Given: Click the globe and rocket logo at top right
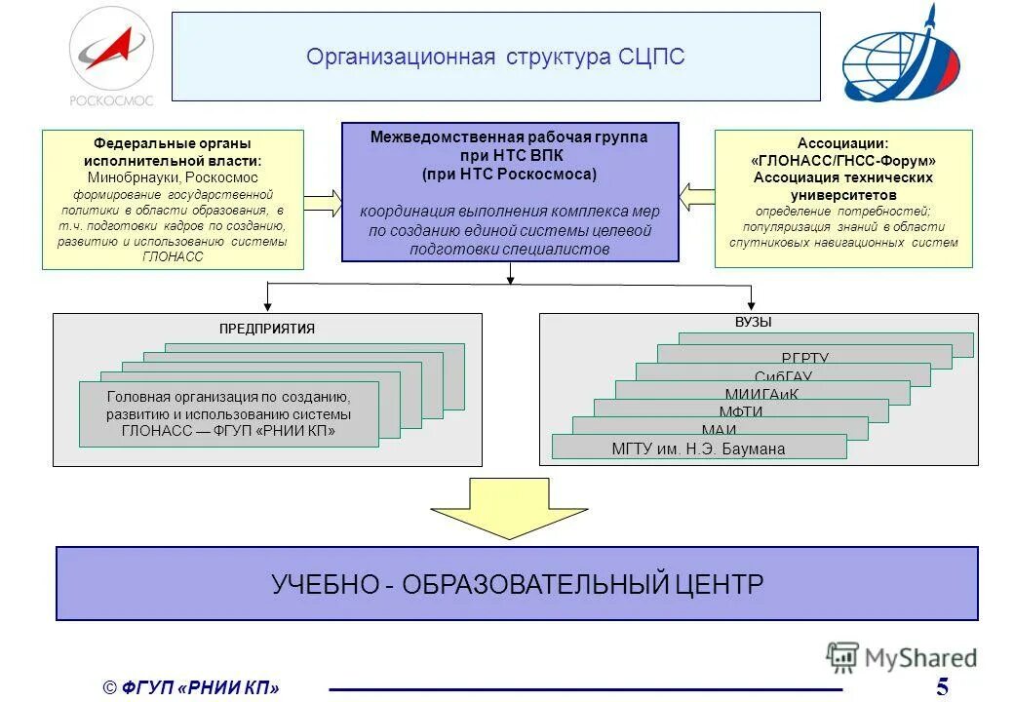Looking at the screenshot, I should coord(902,56).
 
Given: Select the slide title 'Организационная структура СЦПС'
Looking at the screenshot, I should coord(495,57).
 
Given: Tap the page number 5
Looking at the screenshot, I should coord(942,686).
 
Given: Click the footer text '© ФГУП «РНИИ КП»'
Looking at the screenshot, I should coord(191,688).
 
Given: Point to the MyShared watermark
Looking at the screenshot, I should coord(902,658).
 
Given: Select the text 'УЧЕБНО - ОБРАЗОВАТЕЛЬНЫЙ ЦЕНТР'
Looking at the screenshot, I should coord(517,584).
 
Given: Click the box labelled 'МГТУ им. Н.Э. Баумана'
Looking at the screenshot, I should coord(698,448).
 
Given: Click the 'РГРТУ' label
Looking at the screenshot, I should coord(804,359).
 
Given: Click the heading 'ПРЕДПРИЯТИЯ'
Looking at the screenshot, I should coord(267,329).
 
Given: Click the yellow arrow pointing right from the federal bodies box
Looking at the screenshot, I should coord(322,203).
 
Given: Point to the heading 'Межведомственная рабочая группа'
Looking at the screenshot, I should coord(509,137).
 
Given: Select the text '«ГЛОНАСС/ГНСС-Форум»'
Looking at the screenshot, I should coord(842,160).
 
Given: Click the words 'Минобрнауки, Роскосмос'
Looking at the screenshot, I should coord(173,177).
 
